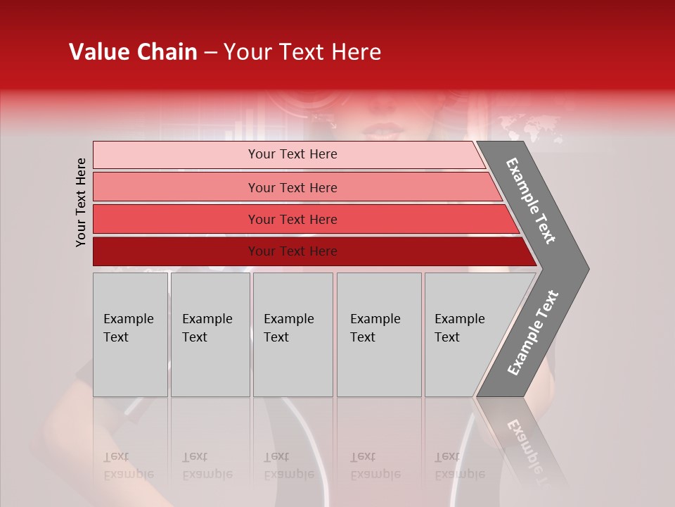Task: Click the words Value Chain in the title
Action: [x=133, y=52]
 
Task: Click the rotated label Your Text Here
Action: [x=81, y=202]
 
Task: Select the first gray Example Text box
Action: [x=129, y=334]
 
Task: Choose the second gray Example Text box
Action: [x=210, y=334]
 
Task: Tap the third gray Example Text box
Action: [x=292, y=334]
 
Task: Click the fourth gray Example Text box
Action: [x=378, y=334]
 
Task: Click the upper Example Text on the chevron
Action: [x=532, y=200]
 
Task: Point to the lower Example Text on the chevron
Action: [x=533, y=332]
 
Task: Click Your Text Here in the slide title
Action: [x=302, y=52]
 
